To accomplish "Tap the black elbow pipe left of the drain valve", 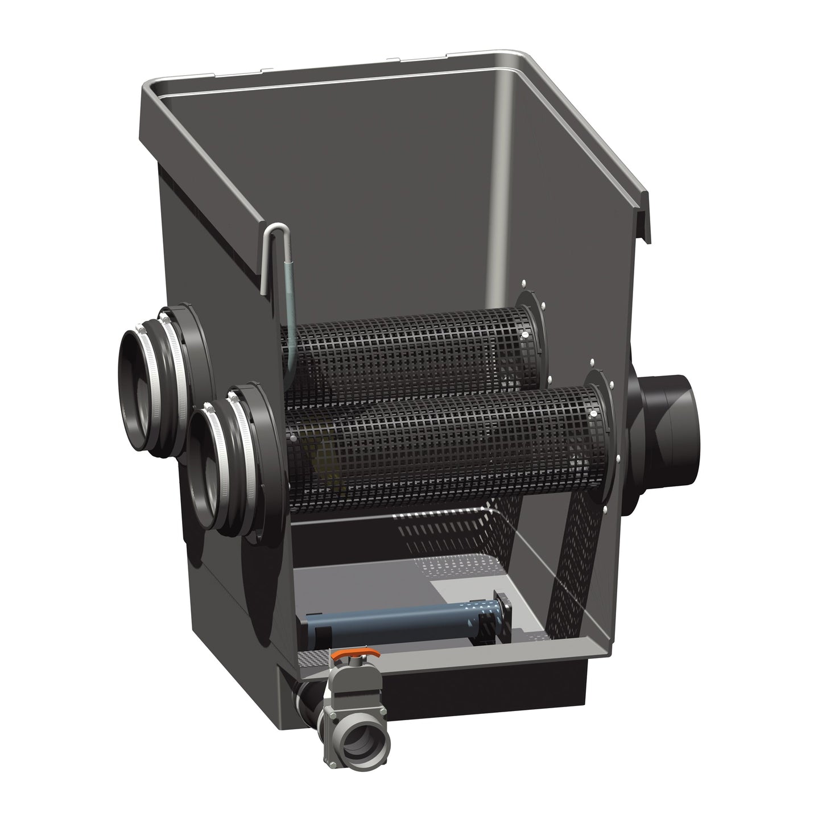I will click(307, 700).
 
